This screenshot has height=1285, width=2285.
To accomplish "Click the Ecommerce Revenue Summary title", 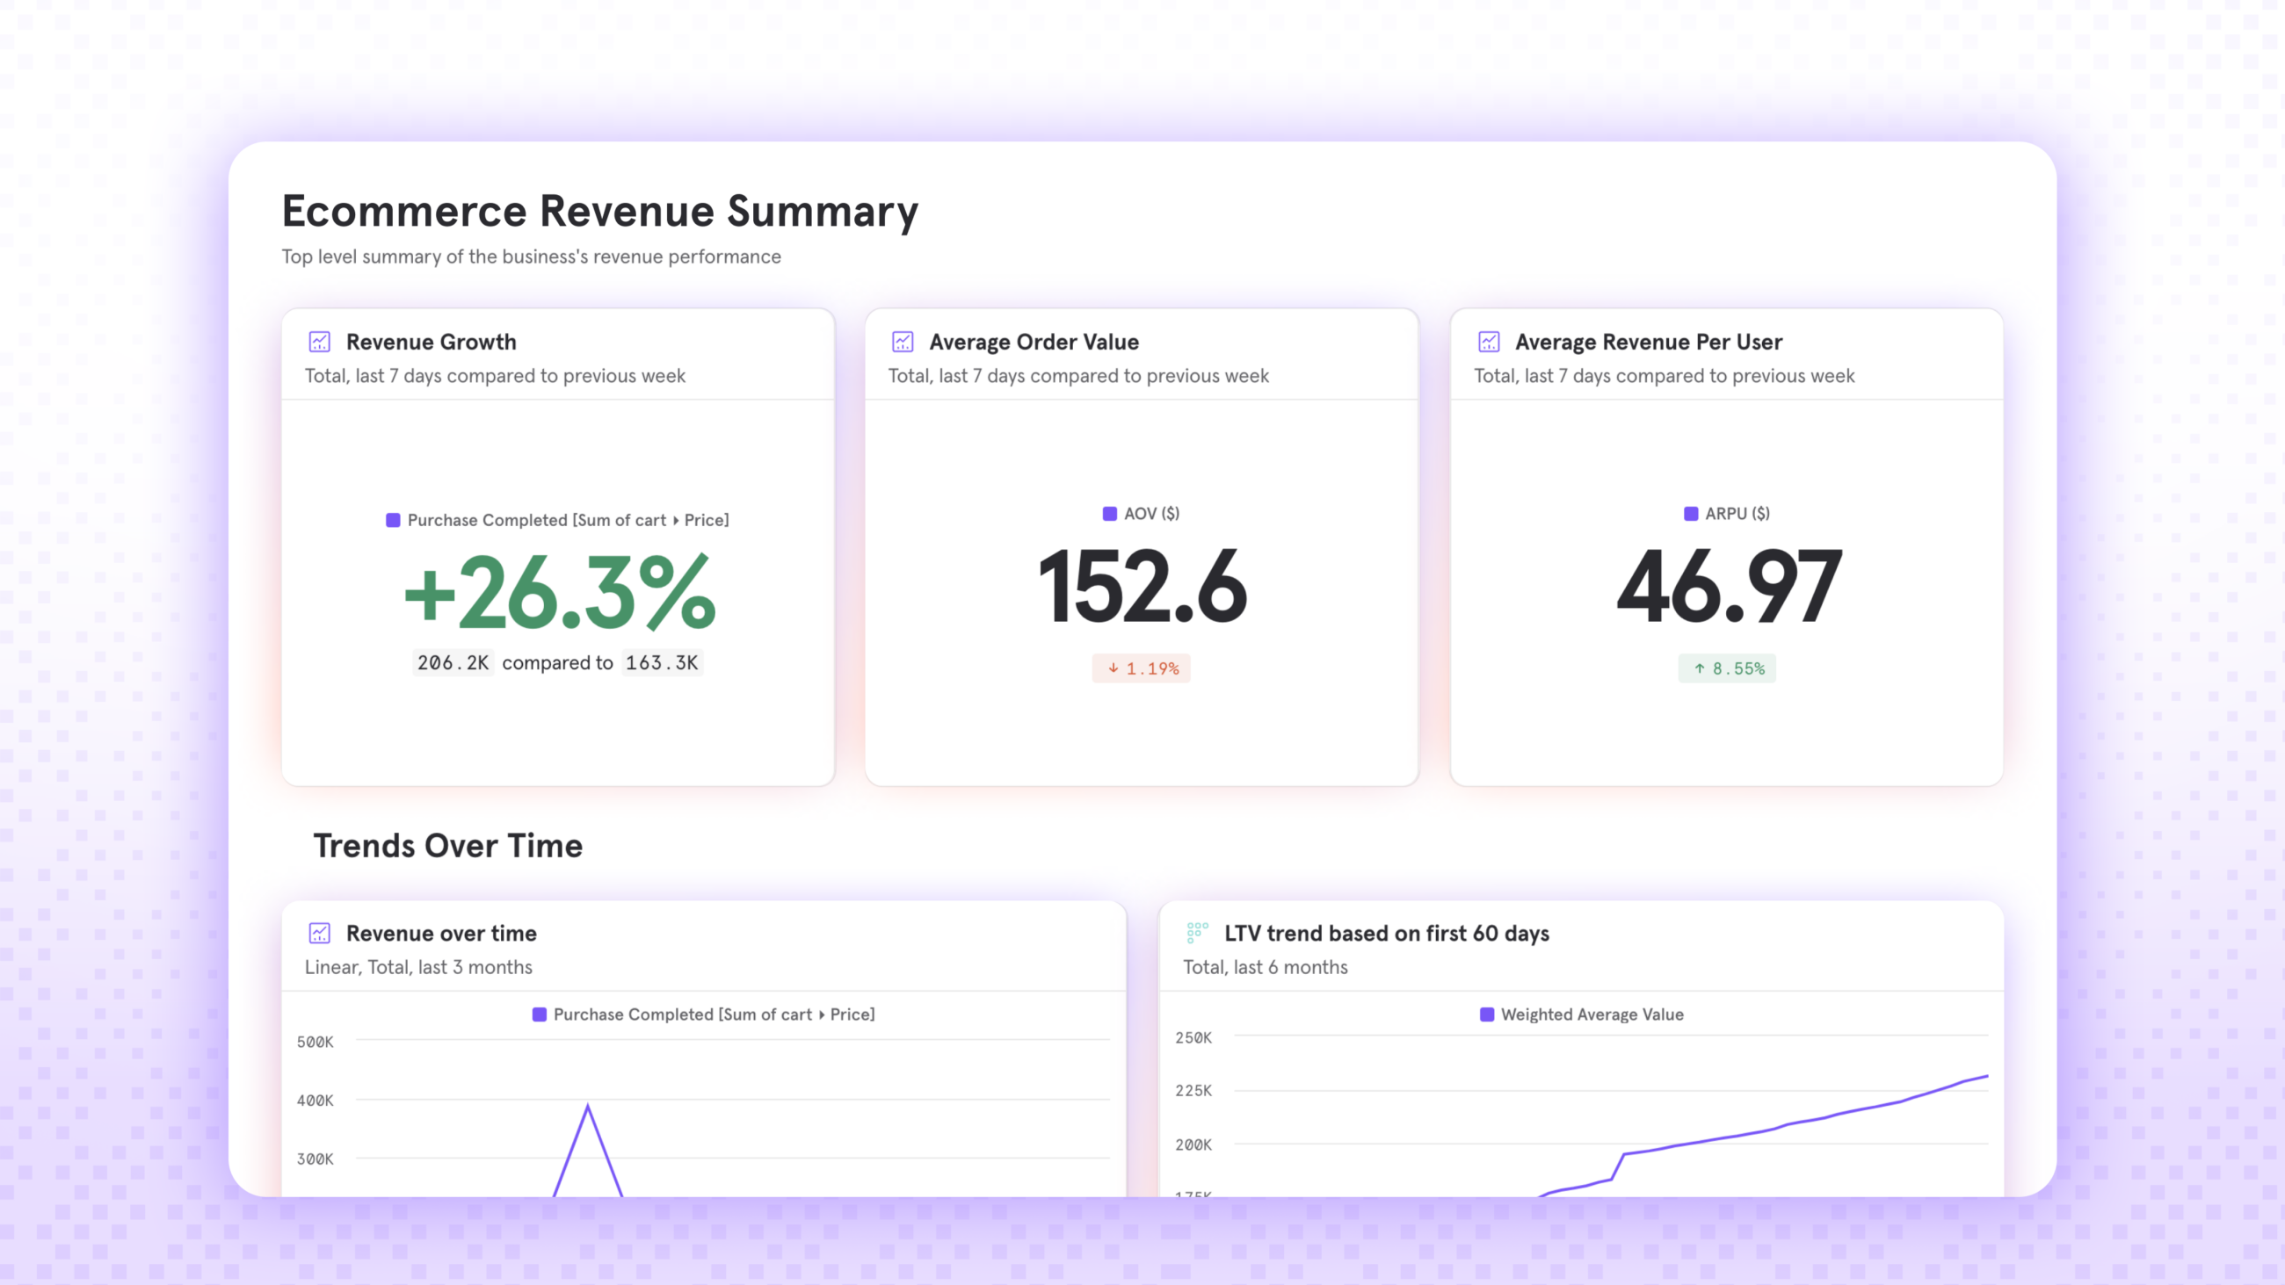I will point(599,211).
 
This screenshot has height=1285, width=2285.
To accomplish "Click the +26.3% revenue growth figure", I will point(559,591).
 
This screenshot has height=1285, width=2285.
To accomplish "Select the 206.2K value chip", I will point(453,662).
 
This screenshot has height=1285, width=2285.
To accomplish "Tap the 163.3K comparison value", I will point(662,662).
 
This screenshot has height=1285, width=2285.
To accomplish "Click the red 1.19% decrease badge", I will point(1142,668).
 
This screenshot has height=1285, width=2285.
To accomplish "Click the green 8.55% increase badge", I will point(1726,668).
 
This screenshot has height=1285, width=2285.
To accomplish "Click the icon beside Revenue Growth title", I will point(319,342).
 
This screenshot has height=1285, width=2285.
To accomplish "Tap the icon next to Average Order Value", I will point(902,342).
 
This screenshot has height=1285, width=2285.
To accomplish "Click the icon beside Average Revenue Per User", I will point(1489,342).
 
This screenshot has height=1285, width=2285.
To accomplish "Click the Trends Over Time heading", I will point(448,846).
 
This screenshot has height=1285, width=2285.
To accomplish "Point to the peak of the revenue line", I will point(587,1106).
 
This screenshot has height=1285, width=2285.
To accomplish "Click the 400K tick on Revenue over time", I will point(315,1101).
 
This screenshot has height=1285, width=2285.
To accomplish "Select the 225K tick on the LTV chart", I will point(1193,1091).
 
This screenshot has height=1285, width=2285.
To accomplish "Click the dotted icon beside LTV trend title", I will point(1197,933).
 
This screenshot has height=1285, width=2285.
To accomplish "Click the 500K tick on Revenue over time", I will point(315,1042).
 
